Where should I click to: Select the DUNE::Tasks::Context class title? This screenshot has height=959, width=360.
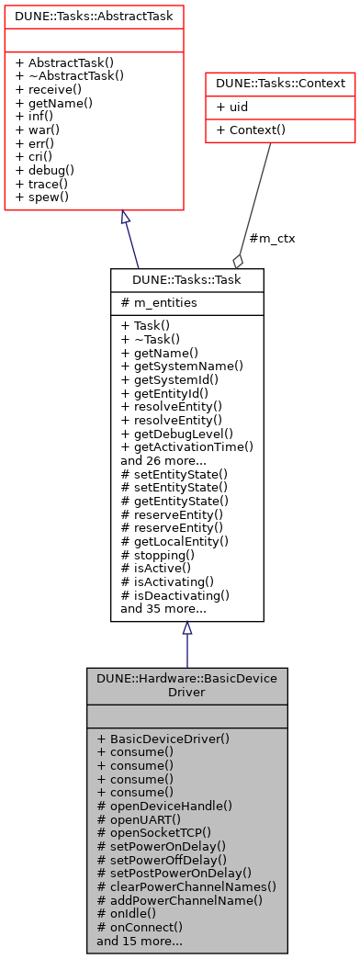tap(280, 84)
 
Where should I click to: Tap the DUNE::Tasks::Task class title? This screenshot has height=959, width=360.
tap(186, 279)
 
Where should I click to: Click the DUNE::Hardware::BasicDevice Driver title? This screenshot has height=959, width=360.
tap(186, 683)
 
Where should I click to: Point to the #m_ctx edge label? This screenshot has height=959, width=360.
tap(273, 238)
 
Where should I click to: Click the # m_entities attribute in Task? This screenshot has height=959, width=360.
tap(158, 303)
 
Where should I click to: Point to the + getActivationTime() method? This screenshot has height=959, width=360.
tap(186, 446)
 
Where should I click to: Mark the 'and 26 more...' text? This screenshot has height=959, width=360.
tap(163, 460)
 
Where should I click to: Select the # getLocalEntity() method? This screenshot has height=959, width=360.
tap(174, 541)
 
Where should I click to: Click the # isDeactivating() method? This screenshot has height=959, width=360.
tap(174, 594)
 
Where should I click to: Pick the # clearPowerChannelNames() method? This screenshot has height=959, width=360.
tap(186, 886)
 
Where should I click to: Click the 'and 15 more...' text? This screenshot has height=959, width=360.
tap(139, 941)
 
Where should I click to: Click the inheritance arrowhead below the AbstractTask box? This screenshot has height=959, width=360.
tap(126, 218)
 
